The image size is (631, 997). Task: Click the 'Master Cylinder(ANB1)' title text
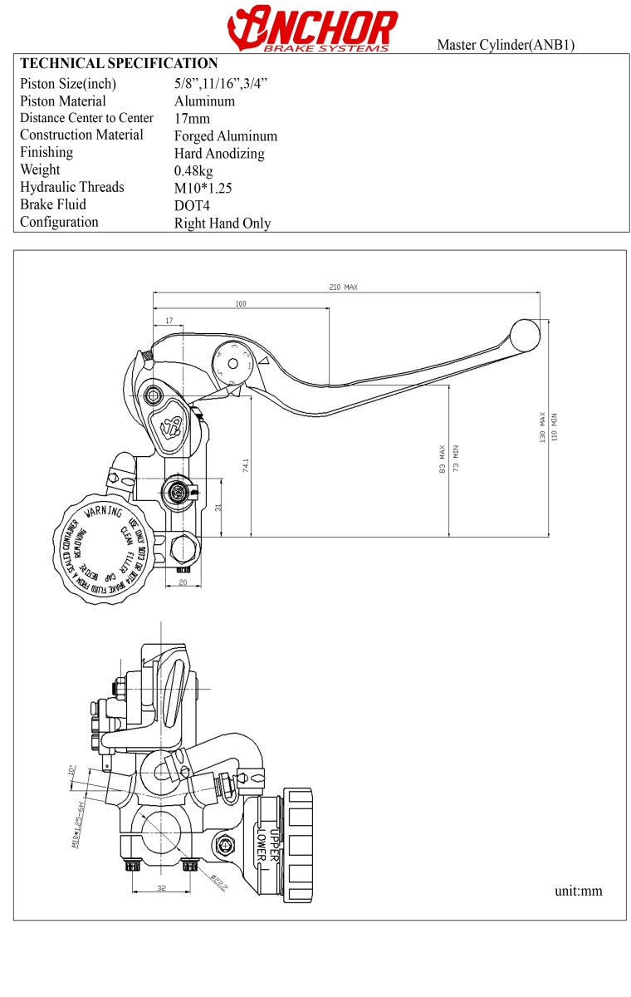[x=506, y=45]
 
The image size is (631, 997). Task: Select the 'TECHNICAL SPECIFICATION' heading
[x=119, y=63]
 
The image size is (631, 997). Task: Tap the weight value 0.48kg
[x=193, y=170]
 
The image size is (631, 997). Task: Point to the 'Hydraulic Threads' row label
[x=72, y=187]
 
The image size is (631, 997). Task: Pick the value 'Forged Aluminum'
[x=226, y=136]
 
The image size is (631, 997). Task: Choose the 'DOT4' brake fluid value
[x=191, y=205]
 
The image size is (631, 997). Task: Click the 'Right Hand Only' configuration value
[x=223, y=223]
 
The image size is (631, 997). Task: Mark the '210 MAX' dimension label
[x=343, y=287]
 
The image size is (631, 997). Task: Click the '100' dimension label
[x=241, y=303]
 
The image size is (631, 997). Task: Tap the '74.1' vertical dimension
[x=246, y=465]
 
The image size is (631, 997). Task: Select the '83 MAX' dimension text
[x=443, y=458]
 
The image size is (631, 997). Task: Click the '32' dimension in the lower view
[x=161, y=888]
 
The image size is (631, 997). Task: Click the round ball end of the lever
[x=525, y=335]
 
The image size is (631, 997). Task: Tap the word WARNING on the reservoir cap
[x=104, y=513]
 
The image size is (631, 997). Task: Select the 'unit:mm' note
[x=579, y=891]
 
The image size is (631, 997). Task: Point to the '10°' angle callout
[x=72, y=770]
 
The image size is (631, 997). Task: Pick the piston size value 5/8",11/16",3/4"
[x=221, y=83]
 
